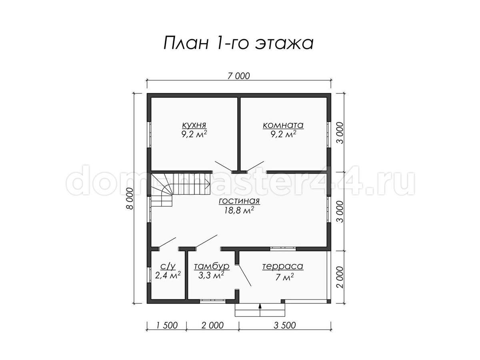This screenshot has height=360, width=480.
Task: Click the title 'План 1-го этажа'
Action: (x=238, y=43)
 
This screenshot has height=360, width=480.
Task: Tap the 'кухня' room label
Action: (x=194, y=125)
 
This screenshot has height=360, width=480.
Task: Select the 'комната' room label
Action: (x=283, y=125)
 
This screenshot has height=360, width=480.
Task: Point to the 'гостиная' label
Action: (x=239, y=201)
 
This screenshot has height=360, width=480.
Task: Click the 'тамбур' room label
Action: (x=212, y=266)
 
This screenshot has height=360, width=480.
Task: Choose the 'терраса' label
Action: (x=283, y=266)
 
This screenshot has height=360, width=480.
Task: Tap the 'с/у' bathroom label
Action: (x=168, y=266)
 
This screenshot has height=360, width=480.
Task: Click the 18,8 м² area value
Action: (x=239, y=210)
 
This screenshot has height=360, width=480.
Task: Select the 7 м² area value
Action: (x=284, y=277)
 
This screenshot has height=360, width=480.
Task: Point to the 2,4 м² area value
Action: (x=168, y=275)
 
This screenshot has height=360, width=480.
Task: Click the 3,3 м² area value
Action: (x=211, y=275)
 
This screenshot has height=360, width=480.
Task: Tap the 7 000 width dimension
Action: (x=238, y=76)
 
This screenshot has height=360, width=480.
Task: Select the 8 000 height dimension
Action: (x=130, y=198)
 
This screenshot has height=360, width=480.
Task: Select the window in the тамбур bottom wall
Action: (x=212, y=301)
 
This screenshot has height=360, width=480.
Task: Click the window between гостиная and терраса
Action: (x=282, y=248)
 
